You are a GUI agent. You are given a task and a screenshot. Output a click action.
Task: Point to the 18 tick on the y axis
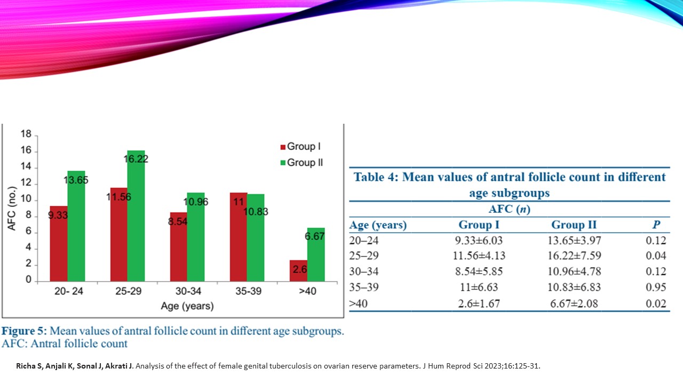(26, 135)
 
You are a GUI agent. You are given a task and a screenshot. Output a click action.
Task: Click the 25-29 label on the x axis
(127, 293)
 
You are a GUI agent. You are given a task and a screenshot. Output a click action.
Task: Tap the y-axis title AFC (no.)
(12, 209)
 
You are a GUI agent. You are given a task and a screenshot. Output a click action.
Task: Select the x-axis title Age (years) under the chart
(187, 307)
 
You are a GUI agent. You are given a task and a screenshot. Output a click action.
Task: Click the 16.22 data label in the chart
(136, 159)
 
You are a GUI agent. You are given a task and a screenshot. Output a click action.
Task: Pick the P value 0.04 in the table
(656, 256)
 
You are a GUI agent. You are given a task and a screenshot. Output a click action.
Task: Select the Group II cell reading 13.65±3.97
(574, 241)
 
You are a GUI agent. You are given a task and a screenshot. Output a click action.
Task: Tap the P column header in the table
(656, 225)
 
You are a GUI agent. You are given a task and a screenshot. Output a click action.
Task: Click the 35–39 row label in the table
(364, 287)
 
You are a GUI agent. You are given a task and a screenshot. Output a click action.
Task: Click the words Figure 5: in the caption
(24, 331)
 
